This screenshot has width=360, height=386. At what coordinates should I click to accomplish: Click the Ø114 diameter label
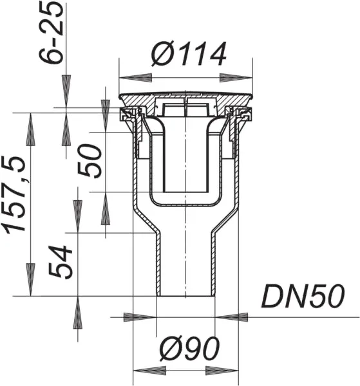point(189,54)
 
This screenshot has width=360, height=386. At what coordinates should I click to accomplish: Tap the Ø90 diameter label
point(189,349)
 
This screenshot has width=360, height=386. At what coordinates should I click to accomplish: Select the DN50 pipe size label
point(303,296)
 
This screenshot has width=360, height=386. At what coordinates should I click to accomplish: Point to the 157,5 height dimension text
point(14,194)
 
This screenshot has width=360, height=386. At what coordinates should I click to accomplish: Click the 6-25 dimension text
point(51,33)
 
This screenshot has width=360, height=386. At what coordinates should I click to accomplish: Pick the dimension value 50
point(90,161)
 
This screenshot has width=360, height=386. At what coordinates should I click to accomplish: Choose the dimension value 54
point(61,262)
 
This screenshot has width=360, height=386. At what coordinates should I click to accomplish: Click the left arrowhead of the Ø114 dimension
point(135,78)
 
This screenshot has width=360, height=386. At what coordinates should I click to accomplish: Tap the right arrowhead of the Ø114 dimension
point(236,78)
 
